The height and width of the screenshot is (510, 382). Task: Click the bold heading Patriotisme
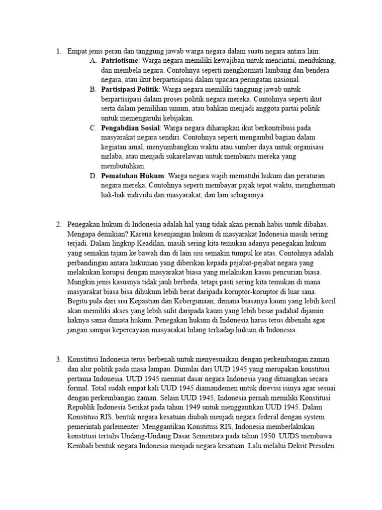119,60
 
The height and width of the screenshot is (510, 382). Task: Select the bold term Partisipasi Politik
129,89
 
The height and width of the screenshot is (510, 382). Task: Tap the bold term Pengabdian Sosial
128,128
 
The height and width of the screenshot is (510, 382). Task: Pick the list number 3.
58,359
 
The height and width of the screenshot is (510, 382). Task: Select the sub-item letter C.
93,128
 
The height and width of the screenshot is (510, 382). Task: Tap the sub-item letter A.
93,60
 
